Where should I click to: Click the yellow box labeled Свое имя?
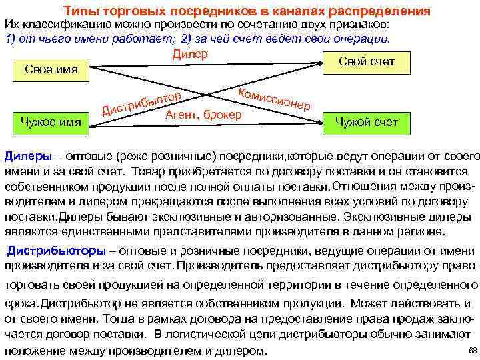[x=51, y=69]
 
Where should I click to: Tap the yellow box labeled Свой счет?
[x=367, y=62]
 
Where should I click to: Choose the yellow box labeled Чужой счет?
[x=366, y=122]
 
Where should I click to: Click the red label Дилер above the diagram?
[x=190, y=53]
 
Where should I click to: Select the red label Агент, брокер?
[x=203, y=114]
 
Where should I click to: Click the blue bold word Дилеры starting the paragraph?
[x=27, y=155]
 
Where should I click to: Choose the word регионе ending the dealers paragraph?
[x=421, y=232]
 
